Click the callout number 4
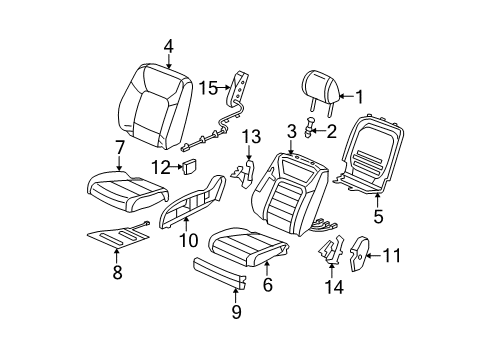coord(169,47)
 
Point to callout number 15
coord(208,88)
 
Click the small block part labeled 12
coord(189,166)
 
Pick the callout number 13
coord(251,137)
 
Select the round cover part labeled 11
coord(360,254)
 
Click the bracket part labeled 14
coord(331,251)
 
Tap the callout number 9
coord(236,312)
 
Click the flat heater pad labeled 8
coord(118,235)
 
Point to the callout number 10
coord(189,240)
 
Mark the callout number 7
coord(120,147)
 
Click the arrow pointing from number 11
coord(373,256)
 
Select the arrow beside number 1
coord(346,97)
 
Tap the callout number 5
coord(378,216)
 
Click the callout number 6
coord(268,284)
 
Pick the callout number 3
coord(292,131)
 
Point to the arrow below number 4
coord(169,61)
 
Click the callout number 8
coord(117,272)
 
